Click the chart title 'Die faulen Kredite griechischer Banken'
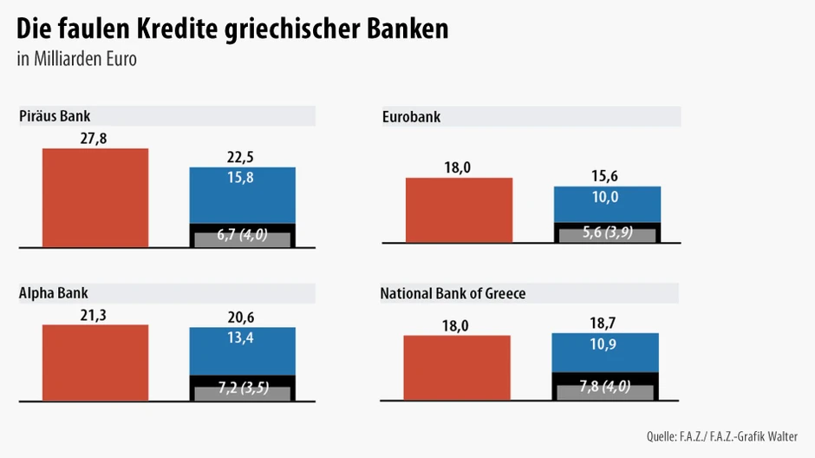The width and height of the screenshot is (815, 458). [x=233, y=29]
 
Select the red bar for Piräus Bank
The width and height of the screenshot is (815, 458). [x=95, y=198]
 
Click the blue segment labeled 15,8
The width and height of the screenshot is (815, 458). [x=243, y=195]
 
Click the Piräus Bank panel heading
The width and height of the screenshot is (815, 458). [x=55, y=115]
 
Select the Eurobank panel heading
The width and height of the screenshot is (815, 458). [x=412, y=116]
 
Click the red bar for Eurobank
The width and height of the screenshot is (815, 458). [x=460, y=210]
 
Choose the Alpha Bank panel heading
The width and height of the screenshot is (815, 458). [x=54, y=293]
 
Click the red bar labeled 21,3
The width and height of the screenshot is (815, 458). [x=95, y=362]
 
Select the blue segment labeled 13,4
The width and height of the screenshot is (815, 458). [x=243, y=351]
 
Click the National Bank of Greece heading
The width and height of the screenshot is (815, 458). [x=453, y=294]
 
